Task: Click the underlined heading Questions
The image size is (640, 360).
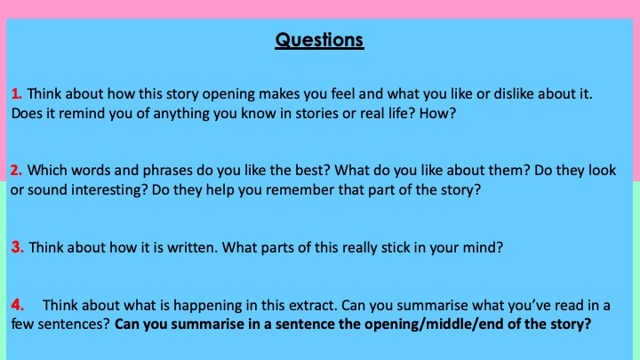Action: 319,40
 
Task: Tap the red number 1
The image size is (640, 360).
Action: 16,94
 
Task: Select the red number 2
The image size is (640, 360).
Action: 16,170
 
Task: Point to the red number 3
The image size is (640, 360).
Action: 18,247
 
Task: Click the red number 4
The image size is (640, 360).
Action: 17,305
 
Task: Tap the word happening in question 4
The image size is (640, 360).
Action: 208,306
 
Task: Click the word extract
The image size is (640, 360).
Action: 313,305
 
